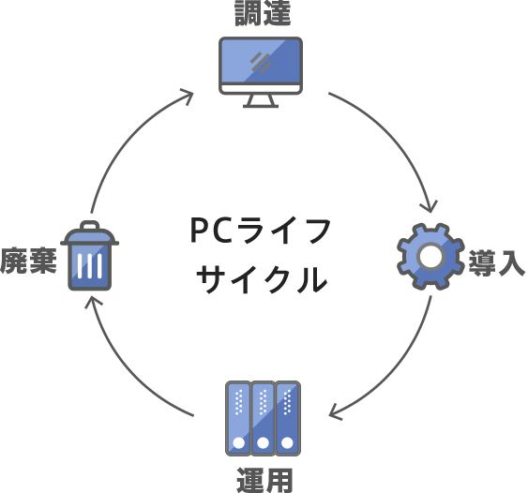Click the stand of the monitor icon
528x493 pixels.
click(261, 101)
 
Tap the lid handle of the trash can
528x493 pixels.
click(89, 226)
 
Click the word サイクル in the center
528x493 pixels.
click(264, 278)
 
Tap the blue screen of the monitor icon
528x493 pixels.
click(261, 61)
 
